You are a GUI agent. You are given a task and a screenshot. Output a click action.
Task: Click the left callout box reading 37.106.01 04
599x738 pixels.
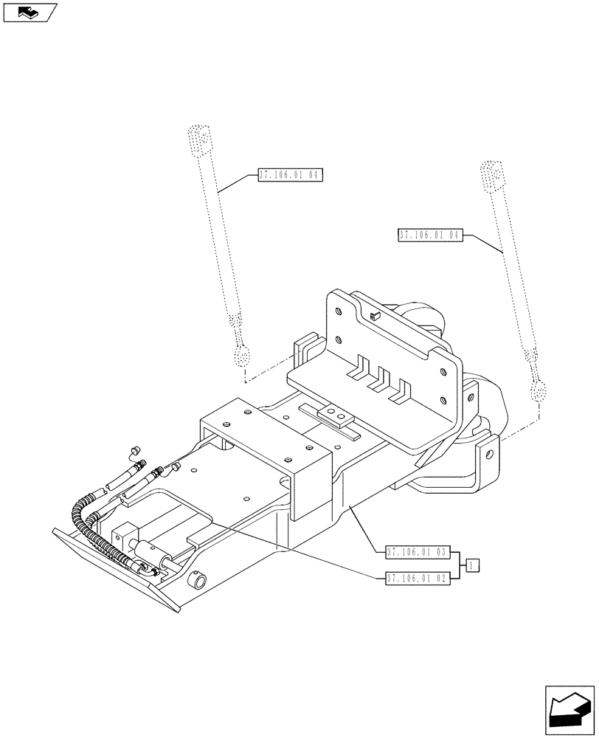click(291, 176)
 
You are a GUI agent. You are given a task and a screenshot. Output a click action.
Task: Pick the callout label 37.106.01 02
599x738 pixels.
click(417, 579)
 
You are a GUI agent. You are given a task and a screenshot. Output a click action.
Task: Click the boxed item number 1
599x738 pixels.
click(473, 565)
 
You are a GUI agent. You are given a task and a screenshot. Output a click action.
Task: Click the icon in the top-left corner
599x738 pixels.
click(30, 13)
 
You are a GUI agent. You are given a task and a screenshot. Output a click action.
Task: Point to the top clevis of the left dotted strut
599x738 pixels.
click(198, 139)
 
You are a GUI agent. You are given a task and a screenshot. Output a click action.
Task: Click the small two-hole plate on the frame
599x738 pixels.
click(332, 416)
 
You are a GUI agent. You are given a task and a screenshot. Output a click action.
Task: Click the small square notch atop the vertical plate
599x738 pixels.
click(375, 316)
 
